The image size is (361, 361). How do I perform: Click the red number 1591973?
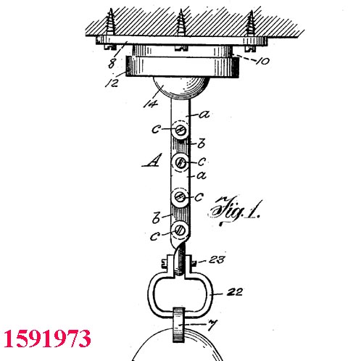(x=47, y=339)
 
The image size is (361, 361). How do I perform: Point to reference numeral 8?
(x=112, y=64)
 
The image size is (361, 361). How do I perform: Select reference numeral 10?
(x=262, y=61)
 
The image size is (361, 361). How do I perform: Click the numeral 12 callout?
(x=112, y=83)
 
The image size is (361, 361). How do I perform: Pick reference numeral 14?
(x=151, y=104)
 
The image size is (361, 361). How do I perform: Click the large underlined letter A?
(x=152, y=160)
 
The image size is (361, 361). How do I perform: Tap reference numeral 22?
(x=234, y=292)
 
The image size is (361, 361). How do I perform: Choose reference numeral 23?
(x=217, y=260)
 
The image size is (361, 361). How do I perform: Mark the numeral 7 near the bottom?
(x=212, y=325)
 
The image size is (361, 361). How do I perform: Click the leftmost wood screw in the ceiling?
(x=111, y=22)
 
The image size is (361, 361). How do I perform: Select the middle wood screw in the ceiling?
(x=180, y=22)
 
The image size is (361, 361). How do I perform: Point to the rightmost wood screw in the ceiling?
(x=250, y=23)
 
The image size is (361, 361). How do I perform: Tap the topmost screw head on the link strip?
(x=180, y=130)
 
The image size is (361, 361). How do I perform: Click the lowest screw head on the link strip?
(x=180, y=230)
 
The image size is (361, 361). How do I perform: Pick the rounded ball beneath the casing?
(x=180, y=88)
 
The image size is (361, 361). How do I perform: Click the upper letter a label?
(x=204, y=114)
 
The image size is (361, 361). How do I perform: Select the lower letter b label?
(x=157, y=217)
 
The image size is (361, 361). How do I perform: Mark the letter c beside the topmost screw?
(x=156, y=129)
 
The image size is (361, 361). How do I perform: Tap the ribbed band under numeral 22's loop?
(x=179, y=325)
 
